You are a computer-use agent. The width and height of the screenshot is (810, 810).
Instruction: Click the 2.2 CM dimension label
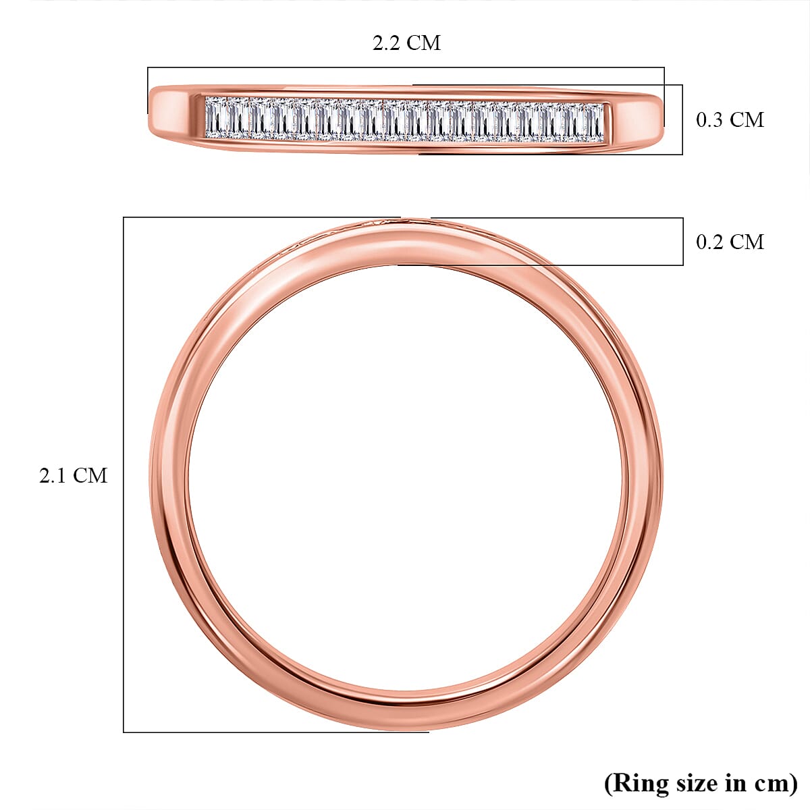coord(406,43)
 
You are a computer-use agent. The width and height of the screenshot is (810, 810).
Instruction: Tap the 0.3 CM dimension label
coord(730,120)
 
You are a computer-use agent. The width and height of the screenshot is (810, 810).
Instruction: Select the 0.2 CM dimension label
coord(730,242)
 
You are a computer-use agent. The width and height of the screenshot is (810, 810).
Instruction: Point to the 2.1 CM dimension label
coord(73,476)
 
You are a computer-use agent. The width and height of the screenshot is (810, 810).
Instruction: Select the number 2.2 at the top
coord(386,43)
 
